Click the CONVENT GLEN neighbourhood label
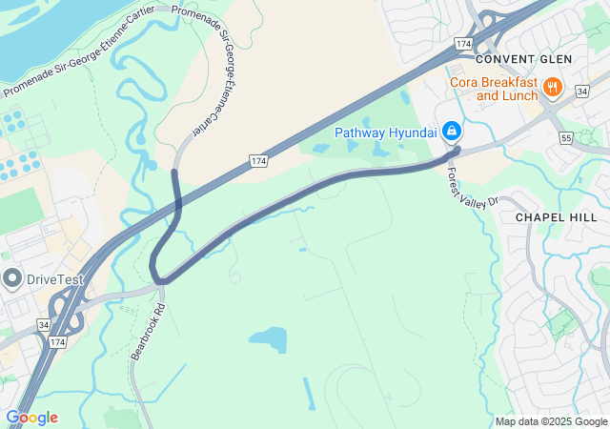click(523, 59)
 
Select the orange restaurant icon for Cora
click(552, 89)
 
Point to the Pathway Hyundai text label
click(385, 131)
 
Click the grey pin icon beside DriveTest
click(12, 279)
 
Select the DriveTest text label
click(55, 280)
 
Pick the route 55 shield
click(566, 138)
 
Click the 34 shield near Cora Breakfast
click(581, 91)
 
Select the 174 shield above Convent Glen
click(463, 44)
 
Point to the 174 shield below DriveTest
click(58, 340)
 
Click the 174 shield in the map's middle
click(259, 160)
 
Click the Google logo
click(31, 418)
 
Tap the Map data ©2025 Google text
click(551, 421)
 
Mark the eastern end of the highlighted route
click(457, 150)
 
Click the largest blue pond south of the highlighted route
click(269, 338)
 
